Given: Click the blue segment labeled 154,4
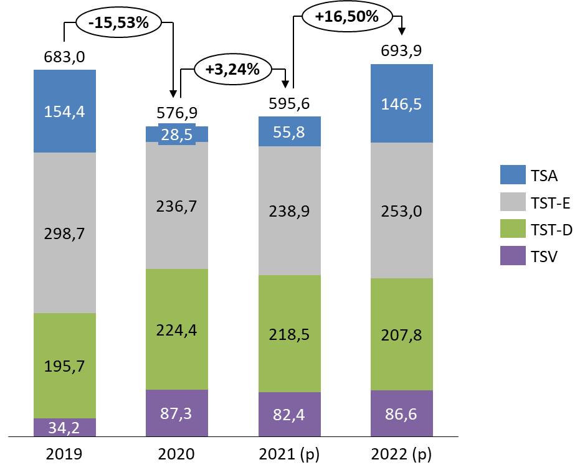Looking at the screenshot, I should (65, 111).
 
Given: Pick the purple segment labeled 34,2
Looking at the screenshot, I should (65, 427).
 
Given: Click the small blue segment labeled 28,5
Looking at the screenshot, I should (177, 134).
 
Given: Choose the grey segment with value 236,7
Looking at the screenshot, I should (177, 205).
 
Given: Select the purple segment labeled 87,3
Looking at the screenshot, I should (177, 413).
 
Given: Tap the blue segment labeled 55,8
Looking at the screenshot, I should (290, 131).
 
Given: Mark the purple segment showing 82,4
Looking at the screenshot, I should (290, 414).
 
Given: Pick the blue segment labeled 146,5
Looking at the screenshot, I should (402, 103).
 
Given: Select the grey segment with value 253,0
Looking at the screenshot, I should (402, 210).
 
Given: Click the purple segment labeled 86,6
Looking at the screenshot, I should (402, 413).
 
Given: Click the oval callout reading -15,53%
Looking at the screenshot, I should (118, 23).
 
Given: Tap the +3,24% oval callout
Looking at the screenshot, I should (233, 69).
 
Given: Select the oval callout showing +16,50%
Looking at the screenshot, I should (347, 17).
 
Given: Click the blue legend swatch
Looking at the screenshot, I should (513, 174).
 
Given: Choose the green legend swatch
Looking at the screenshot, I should (513, 228).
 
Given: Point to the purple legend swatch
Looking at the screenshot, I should (513, 255).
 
